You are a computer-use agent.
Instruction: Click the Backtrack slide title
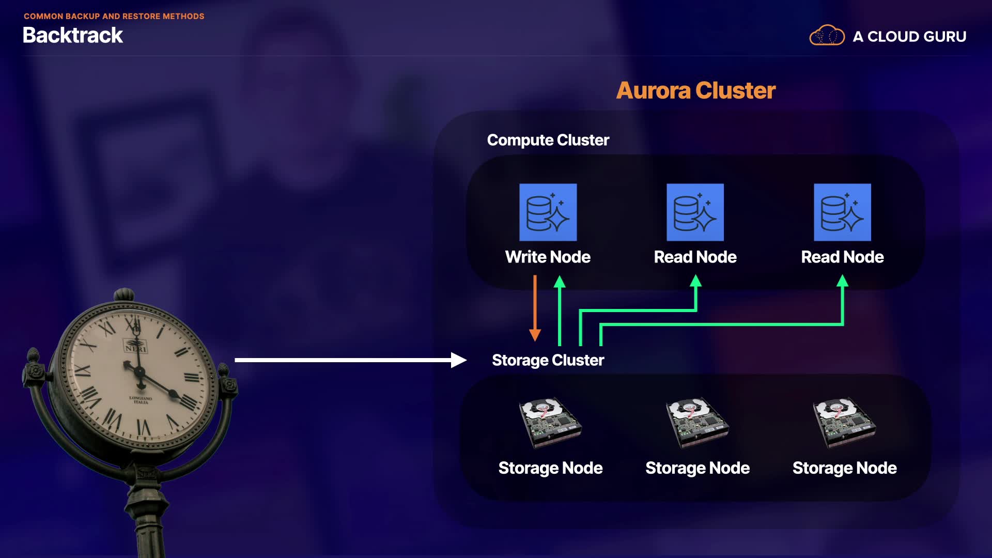(x=73, y=36)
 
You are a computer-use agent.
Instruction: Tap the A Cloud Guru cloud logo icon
(x=827, y=36)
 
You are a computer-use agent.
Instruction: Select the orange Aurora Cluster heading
(x=696, y=90)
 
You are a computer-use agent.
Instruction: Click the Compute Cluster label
(x=548, y=140)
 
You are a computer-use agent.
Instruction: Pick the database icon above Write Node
(x=548, y=212)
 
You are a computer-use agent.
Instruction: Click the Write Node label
(x=548, y=257)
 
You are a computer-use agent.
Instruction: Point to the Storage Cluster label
(x=548, y=360)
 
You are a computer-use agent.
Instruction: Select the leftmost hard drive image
(x=550, y=423)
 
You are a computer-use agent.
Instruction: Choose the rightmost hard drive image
(x=844, y=423)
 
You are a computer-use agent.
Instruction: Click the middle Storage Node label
(x=698, y=468)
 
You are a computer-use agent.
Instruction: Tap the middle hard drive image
(x=697, y=423)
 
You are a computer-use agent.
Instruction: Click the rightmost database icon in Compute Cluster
(x=842, y=212)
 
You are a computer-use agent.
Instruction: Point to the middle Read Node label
(x=695, y=257)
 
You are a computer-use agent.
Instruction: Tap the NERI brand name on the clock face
(x=136, y=349)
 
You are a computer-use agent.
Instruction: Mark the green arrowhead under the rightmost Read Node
(x=843, y=281)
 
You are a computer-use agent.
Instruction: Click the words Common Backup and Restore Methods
(x=114, y=17)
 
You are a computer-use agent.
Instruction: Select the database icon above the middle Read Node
(x=695, y=212)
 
